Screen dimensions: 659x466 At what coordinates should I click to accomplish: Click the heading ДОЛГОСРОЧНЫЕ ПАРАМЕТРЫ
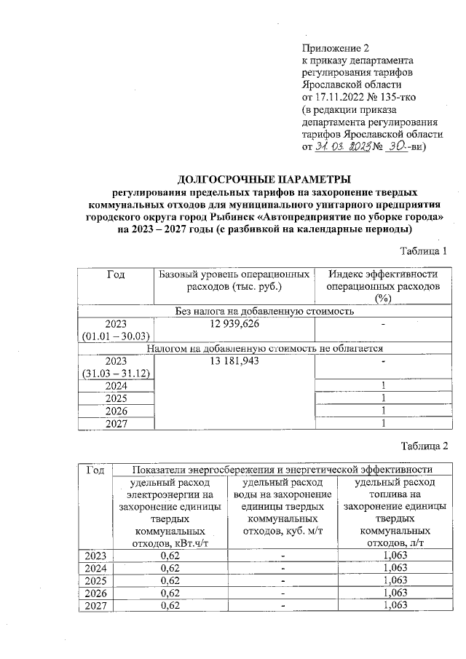coord(264,179)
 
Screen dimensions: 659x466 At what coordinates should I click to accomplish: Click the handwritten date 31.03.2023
coord(343,146)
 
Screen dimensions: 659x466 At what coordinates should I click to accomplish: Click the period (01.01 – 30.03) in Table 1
coord(116,336)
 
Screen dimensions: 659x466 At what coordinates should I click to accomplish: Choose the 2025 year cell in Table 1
coord(116,398)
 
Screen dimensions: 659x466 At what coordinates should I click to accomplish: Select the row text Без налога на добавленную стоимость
coord(265,311)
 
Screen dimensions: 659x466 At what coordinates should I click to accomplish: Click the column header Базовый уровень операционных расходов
coord(234,280)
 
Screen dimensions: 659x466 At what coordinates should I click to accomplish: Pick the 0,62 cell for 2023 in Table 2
coord(169,556)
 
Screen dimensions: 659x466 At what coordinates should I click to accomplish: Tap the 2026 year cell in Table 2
coord(95,593)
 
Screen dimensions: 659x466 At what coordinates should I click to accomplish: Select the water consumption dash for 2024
coord(283,568)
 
